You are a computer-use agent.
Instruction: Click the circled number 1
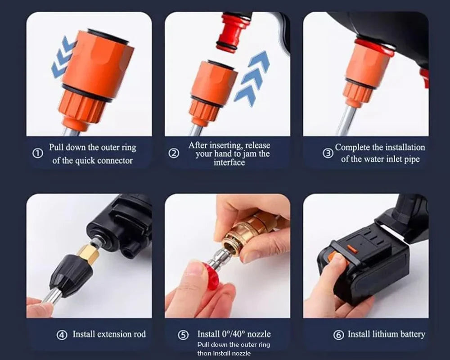pyautogui.click(x=38, y=153)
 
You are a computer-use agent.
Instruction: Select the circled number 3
pyautogui.click(x=328, y=153)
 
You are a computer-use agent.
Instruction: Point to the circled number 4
pyautogui.click(x=62, y=335)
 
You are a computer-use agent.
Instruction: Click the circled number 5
pyautogui.click(x=183, y=335)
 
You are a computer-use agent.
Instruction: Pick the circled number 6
pyautogui.click(x=338, y=335)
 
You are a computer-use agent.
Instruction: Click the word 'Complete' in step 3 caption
pyautogui.click(x=352, y=147)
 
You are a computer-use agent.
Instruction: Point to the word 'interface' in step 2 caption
pyautogui.click(x=229, y=162)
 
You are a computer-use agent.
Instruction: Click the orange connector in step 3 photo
pyautogui.click(x=364, y=67)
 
